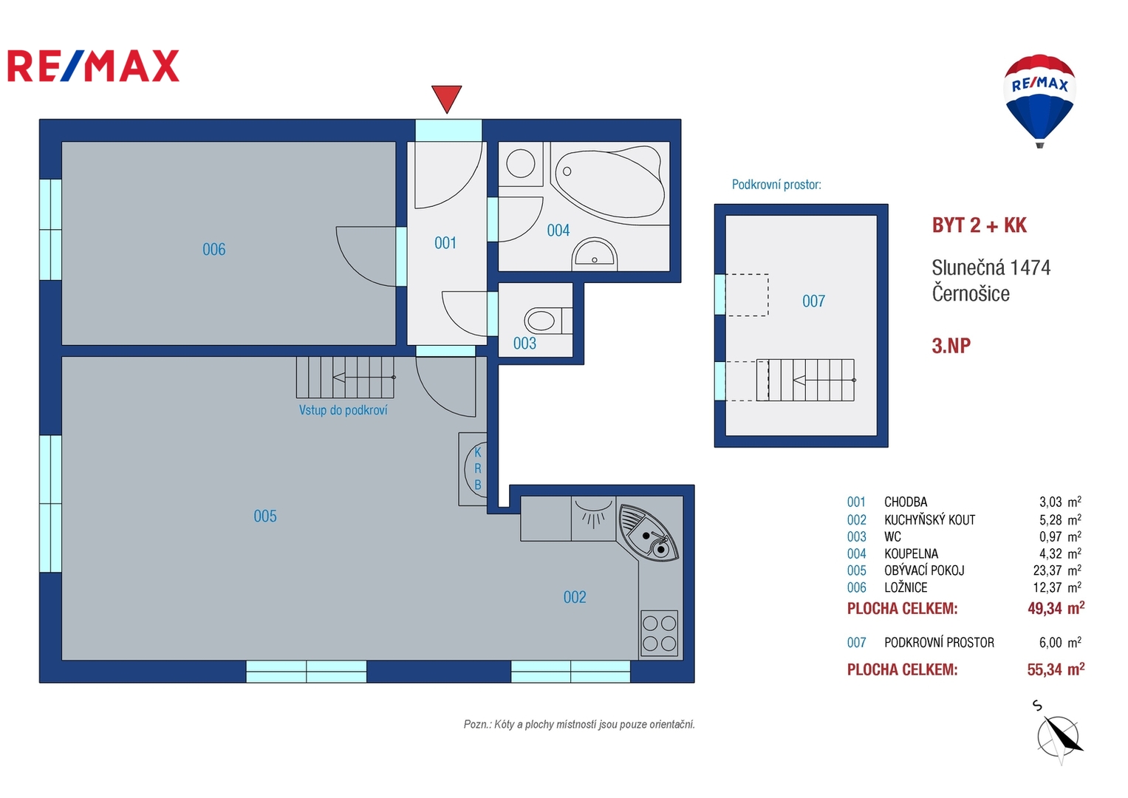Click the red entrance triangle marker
click(x=446, y=98)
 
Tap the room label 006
click(x=213, y=249)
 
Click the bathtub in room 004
click(x=609, y=185)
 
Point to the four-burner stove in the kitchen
click(x=659, y=633)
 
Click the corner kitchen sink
click(x=648, y=533)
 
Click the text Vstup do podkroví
click(x=343, y=410)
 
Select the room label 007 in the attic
click(x=813, y=301)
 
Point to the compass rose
click(x=1059, y=736)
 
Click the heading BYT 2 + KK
click(x=979, y=225)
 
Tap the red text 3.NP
click(x=951, y=346)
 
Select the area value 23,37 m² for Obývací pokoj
click(x=1057, y=570)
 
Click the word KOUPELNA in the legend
click(x=911, y=553)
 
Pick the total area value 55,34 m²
click(x=1056, y=669)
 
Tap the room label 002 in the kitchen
click(x=575, y=597)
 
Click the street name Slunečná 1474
click(x=991, y=267)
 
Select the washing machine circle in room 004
click(x=520, y=164)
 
